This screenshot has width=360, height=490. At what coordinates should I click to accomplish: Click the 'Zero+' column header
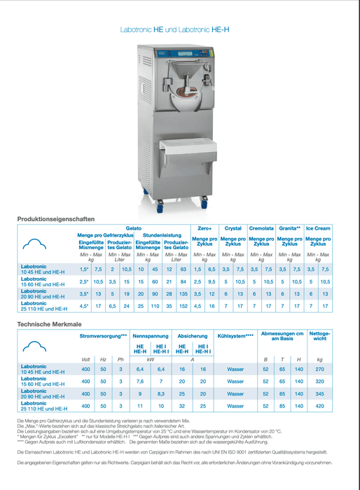coord(205,228)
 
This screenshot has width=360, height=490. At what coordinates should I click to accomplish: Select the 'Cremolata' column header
coord(261,228)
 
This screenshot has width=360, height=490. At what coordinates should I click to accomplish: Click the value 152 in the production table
coord(183,306)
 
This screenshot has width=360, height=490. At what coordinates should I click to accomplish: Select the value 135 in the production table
coord(183,294)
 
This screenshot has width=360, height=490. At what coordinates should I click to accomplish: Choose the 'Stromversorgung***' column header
coord(104,336)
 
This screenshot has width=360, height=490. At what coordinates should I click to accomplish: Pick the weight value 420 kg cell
coord(319,405)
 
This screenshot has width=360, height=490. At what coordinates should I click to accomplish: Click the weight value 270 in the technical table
coord(319,368)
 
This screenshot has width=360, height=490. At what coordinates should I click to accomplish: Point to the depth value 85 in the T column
coord(282,405)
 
